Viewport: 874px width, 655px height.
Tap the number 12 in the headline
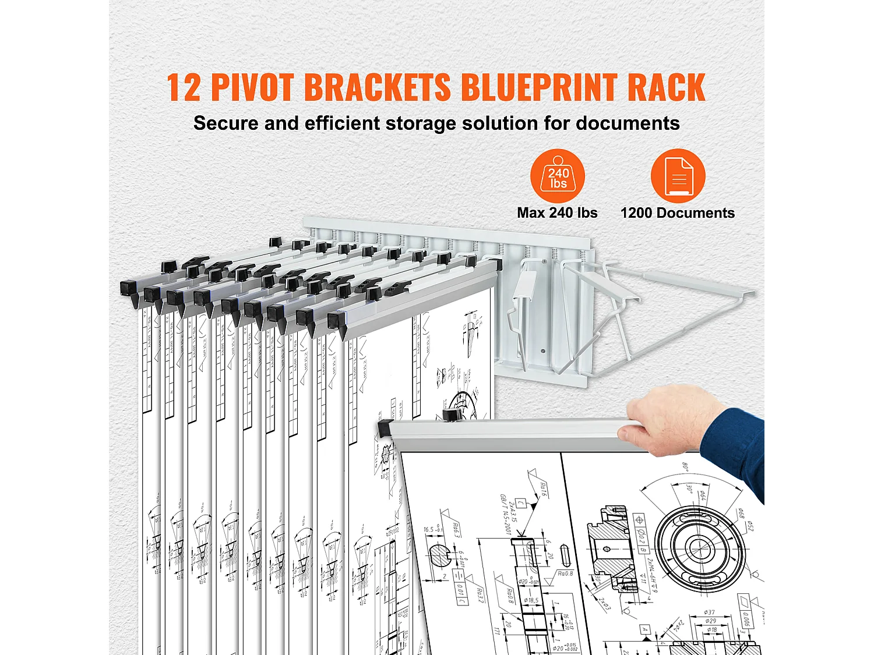pos(184,87)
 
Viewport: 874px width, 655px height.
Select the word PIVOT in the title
pos(252,87)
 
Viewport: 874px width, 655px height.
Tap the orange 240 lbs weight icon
pos(558,176)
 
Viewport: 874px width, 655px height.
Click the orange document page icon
pos(678,176)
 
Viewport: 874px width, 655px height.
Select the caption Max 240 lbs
pos(557,213)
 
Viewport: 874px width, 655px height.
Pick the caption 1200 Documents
pos(677,213)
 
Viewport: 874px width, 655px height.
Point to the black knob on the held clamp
pos(450,415)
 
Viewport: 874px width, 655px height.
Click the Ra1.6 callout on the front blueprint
pos(543,488)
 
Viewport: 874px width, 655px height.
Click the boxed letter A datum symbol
pos(644,629)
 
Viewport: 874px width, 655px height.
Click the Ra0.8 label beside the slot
pos(565,573)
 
